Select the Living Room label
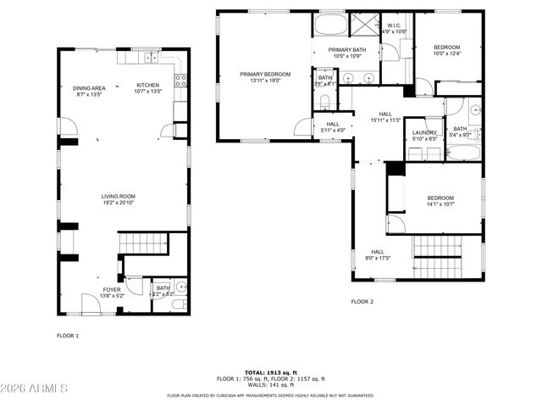119,199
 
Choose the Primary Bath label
346,53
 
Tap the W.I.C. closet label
395,28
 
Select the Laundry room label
424,136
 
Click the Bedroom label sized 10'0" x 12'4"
446,50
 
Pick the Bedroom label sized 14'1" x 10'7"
440,201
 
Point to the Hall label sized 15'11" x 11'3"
385,117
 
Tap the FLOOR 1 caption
68,336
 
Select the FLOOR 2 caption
362,301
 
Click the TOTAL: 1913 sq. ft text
270,373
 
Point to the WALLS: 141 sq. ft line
270,384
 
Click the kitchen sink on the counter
150,58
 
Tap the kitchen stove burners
180,81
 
